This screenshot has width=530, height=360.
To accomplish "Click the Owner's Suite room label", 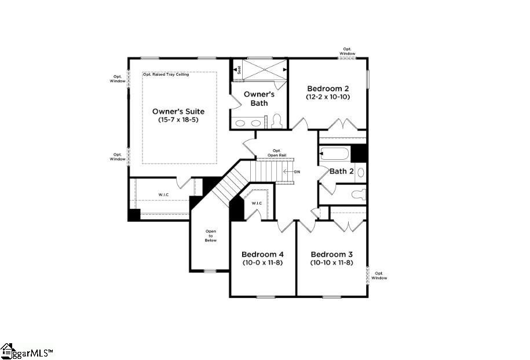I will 178,111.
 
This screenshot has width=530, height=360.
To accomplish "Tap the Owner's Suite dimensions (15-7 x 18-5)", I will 178,120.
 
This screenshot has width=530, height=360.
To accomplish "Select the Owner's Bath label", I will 259,98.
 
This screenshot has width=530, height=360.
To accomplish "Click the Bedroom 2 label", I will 328,89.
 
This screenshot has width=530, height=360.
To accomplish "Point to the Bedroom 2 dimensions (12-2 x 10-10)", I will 328,97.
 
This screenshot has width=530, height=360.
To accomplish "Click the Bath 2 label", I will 341,171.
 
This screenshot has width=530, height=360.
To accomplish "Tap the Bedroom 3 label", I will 331,255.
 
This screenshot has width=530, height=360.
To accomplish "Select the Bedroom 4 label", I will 262,255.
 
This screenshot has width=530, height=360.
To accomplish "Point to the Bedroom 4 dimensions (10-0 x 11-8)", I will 262,263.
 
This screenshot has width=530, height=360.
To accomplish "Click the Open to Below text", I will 210,236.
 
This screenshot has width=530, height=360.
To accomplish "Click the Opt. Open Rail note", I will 277,153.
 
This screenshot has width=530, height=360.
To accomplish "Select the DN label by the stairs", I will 297,172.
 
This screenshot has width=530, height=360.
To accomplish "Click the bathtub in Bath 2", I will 334,154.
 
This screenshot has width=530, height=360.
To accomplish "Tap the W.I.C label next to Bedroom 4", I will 257,203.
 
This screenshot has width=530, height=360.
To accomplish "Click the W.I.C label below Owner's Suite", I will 163,194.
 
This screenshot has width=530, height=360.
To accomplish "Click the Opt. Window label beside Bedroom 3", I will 379,275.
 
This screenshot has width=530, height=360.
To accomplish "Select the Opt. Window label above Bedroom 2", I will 347,51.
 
